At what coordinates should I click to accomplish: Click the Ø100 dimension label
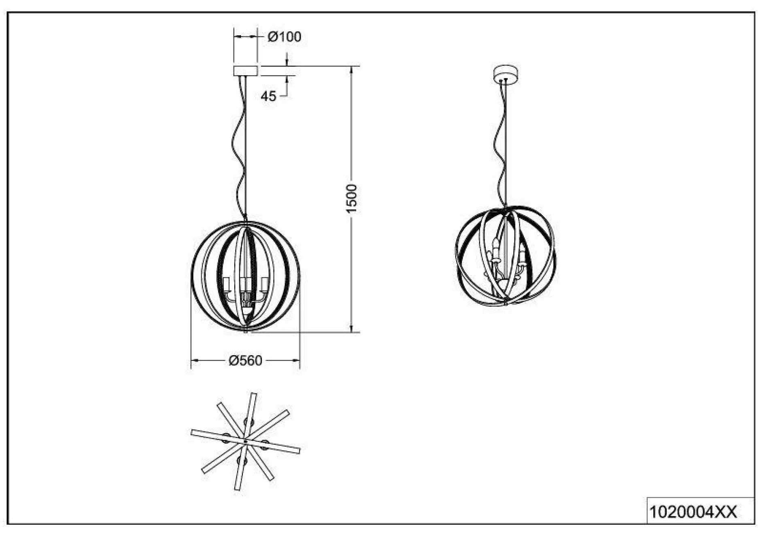click(x=285, y=37)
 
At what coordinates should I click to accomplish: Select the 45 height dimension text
click(x=268, y=96)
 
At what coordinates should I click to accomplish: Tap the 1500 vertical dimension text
click(x=352, y=198)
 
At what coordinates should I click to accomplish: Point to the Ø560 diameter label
click(x=245, y=360)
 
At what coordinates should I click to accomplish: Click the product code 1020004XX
click(x=693, y=512)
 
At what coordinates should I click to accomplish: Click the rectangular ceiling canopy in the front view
click(x=246, y=70)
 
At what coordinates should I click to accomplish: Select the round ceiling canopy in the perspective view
click(x=506, y=75)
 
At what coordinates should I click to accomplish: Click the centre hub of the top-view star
click(x=245, y=440)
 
